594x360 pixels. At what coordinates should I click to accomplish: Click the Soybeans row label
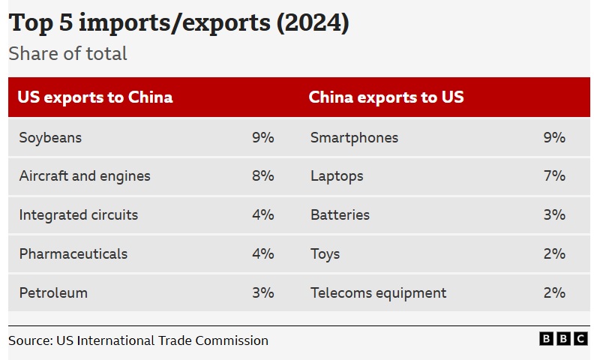(50, 138)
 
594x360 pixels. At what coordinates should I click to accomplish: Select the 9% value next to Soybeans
(263, 138)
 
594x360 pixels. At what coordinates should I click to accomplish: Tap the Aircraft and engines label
(85, 176)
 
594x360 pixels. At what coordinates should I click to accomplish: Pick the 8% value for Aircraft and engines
(263, 176)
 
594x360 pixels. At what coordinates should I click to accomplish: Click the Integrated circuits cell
(79, 215)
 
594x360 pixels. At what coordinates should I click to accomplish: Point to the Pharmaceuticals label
(73, 254)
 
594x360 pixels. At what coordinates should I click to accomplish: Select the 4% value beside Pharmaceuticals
(263, 254)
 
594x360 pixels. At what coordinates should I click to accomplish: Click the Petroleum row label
(53, 293)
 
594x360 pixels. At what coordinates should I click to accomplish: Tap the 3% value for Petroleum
(263, 293)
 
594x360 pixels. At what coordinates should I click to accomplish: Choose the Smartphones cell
(354, 138)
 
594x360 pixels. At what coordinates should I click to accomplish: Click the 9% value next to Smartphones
(554, 138)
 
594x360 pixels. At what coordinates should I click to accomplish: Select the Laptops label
(337, 176)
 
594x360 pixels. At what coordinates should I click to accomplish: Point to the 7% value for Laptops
(554, 176)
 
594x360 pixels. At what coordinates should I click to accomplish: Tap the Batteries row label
(340, 215)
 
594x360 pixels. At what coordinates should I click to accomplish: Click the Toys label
(325, 254)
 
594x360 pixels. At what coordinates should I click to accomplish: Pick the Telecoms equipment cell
(378, 293)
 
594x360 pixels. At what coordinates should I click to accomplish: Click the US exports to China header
(95, 97)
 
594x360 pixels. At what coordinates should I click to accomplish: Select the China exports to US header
(386, 97)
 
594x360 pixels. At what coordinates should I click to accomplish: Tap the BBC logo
(563, 340)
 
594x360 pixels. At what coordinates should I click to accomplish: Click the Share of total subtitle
(67, 54)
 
